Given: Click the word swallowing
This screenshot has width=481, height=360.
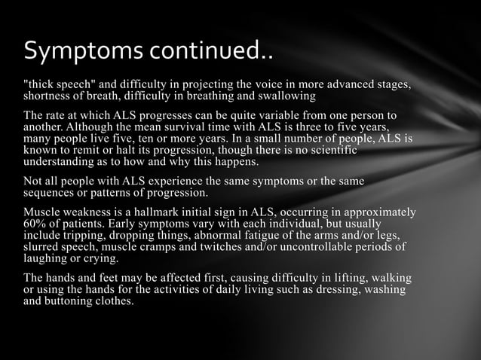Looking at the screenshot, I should click(278, 96).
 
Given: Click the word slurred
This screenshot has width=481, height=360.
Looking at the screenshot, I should click(44, 247).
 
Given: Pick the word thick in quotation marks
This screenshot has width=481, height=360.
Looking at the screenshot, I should click(42, 84).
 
